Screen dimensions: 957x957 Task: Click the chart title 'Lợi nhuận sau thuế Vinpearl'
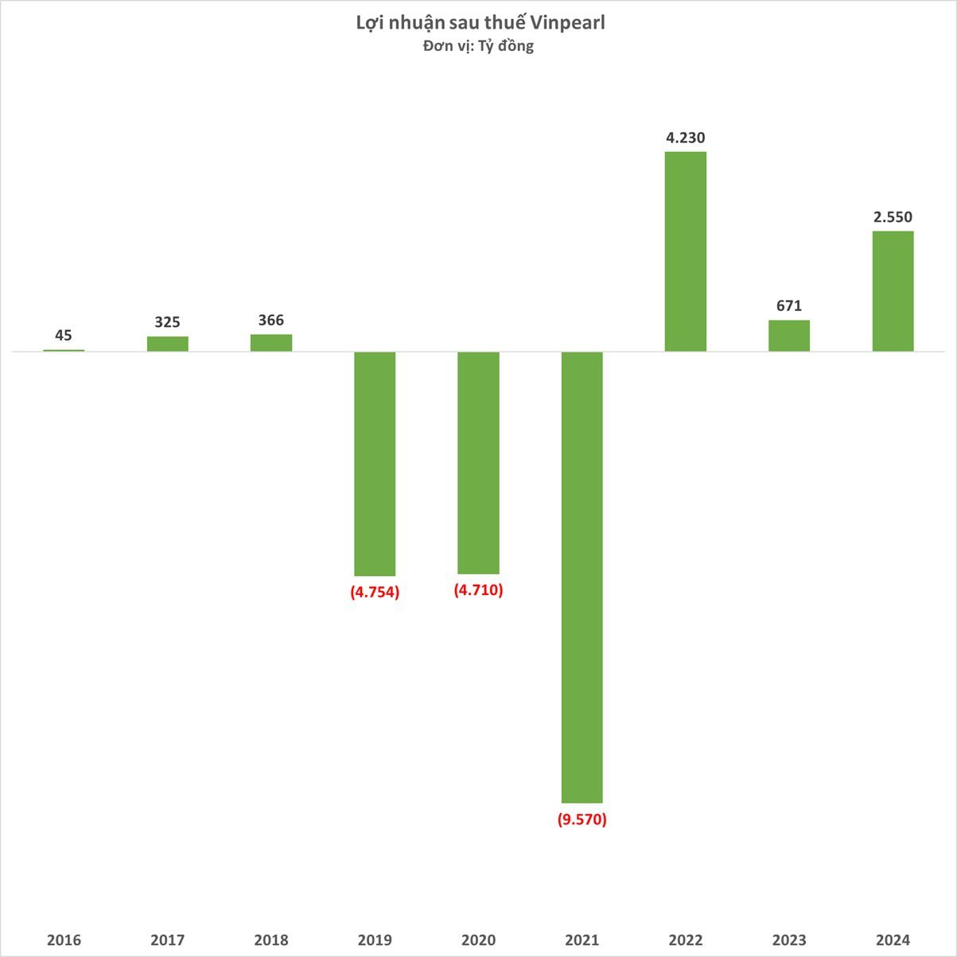(480, 23)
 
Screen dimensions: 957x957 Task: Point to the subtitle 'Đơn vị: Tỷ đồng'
(478, 46)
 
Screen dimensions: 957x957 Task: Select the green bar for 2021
(582, 577)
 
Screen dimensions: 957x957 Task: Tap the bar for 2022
(685, 251)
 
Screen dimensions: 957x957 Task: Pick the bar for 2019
(375, 464)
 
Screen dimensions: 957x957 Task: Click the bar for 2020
(478, 462)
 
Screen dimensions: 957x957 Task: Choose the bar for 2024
(893, 291)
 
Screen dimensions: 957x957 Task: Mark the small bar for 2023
(789, 336)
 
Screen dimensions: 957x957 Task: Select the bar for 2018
(271, 343)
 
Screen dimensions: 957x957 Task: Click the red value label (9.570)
(582, 819)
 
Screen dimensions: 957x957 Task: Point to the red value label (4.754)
(375, 592)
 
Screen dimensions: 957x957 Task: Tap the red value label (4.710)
(478, 590)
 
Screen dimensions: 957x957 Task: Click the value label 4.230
(686, 138)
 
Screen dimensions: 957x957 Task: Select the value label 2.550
(893, 217)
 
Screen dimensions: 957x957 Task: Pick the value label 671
(789, 306)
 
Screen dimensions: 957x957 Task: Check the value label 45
(64, 336)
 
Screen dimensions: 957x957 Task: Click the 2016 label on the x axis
(64, 940)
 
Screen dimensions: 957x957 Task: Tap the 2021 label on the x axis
(582, 940)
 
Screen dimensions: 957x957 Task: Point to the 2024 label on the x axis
(893, 940)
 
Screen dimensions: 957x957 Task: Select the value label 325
(167, 322)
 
